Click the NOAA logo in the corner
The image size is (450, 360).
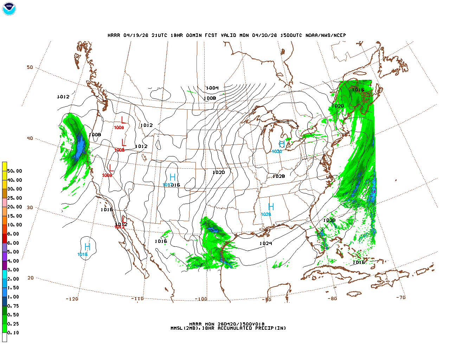click(x=9, y=9)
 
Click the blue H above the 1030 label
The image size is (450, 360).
click(x=282, y=144)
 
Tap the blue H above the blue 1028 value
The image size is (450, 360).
click(x=271, y=207)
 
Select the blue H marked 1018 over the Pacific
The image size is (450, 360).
click(x=87, y=247)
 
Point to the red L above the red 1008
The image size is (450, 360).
click(x=123, y=142)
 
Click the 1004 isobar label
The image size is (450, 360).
click(x=212, y=88)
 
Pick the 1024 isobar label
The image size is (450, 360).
click(x=266, y=243)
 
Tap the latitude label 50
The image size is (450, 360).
click(x=30, y=67)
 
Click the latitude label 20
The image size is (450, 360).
click(x=31, y=278)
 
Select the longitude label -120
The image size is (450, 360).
click(x=72, y=299)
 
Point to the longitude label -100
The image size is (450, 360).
click(x=201, y=299)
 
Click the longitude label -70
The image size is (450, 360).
click(x=401, y=297)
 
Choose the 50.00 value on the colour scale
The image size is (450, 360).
click(x=15, y=171)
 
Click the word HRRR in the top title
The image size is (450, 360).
click(x=114, y=35)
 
